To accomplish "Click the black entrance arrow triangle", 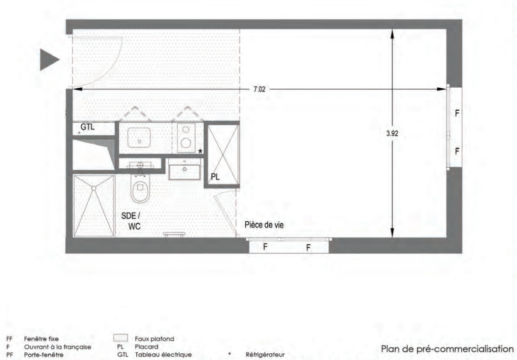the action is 49,60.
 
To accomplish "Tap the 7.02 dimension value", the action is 259,89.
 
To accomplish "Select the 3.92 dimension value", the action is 392,134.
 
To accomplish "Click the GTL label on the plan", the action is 87,127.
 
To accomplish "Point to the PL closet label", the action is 215,177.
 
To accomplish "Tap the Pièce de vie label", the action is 264,225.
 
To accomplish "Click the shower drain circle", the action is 94,188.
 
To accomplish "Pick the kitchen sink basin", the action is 139,137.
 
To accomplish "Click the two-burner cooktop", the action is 186,138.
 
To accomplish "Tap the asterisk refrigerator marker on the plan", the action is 200,152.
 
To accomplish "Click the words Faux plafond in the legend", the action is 154,338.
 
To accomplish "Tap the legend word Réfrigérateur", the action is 265,355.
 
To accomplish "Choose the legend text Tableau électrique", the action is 163,355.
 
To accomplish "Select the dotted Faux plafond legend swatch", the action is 120,338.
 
